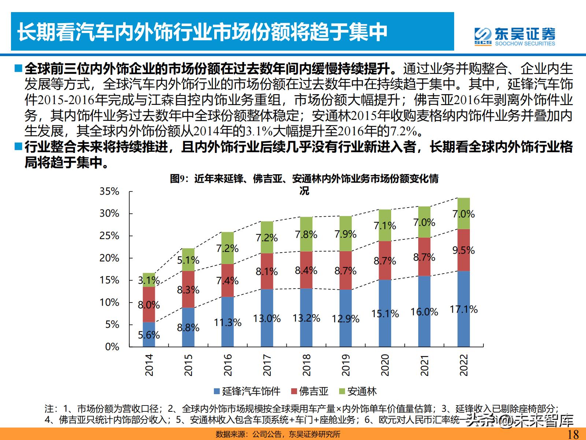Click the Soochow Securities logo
515,36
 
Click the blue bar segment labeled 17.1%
464,309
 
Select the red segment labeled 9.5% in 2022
464,250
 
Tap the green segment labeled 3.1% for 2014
149,280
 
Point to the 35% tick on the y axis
110,191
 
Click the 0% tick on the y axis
112,347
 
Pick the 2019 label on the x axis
346,364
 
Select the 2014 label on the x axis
149,364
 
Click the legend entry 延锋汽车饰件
248,391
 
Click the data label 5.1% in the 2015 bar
188,260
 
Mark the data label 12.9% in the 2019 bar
346,319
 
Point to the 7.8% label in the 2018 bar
306,234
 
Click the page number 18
573,434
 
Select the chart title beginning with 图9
304,179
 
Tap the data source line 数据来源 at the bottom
278,434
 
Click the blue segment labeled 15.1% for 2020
385,313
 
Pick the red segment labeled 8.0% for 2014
149,305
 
